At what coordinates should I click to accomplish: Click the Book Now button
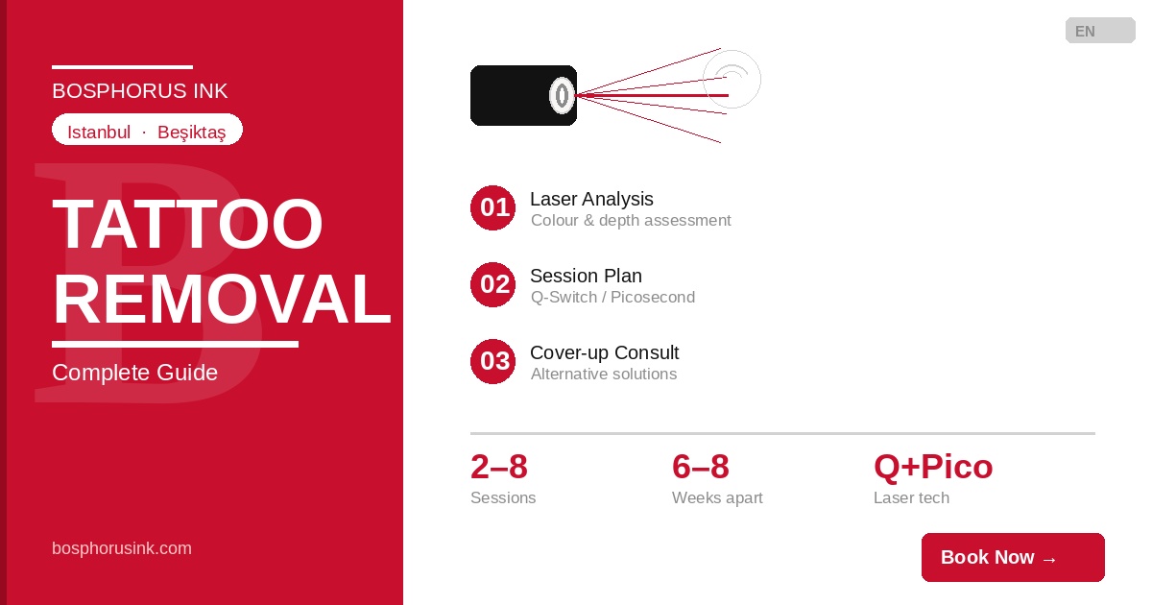pyautogui.click(x=1013, y=557)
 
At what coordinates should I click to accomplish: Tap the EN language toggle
pyautogui.click(x=1100, y=31)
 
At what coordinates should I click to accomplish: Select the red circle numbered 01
pyautogui.click(x=492, y=207)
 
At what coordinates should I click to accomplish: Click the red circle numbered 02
pyautogui.click(x=492, y=284)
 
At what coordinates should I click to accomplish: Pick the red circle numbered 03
pyautogui.click(x=492, y=361)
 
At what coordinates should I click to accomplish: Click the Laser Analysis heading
pyautogui.click(x=591, y=199)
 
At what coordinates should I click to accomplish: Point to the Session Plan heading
pyautogui.click(x=586, y=277)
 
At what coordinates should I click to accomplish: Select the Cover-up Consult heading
pyautogui.click(x=604, y=353)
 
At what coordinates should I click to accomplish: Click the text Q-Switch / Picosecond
pyautogui.click(x=612, y=298)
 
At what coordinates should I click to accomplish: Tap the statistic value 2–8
pyautogui.click(x=499, y=467)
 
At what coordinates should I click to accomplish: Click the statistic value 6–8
pyautogui.click(x=701, y=467)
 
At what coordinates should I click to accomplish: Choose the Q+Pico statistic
pyautogui.click(x=933, y=467)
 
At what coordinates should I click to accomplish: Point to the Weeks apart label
pyautogui.click(x=717, y=498)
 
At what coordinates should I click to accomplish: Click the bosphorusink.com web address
pyautogui.click(x=121, y=548)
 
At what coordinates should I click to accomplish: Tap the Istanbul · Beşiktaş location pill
pyautogui.click(x=147, y=130)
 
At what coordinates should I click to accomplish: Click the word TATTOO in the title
pyautogui.click(x=187, y=225)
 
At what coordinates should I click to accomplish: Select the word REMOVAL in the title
pyautogui.click(x=222, y=300)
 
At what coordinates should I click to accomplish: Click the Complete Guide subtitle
pyautogui.click(x=134, y=373)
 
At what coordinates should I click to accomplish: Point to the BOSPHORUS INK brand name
pyautogui.click(x=139, y=91)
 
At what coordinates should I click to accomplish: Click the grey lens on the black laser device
pyautogui.click(x=562, y=95)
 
